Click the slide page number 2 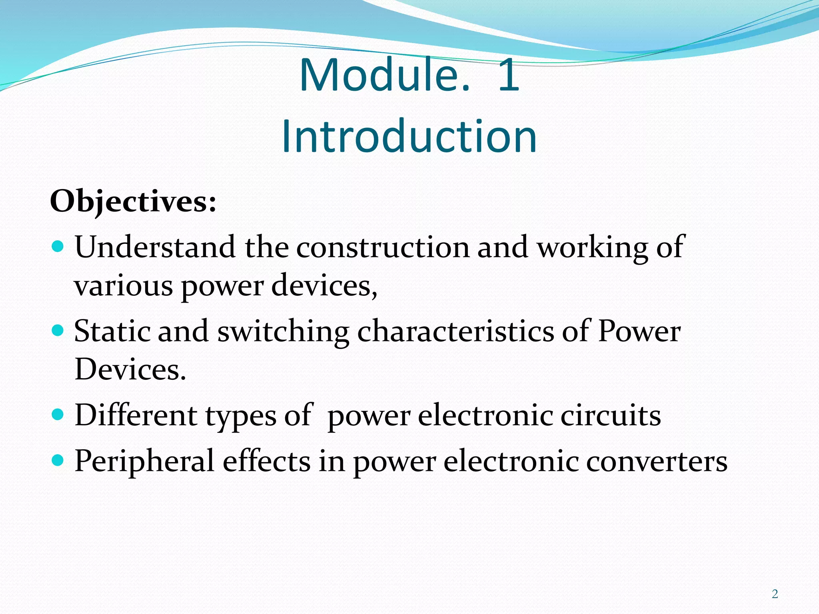[x=775, y=594]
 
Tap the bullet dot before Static [x=58, y=330]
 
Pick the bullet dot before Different [x=58, y=415]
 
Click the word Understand [x=155, y=247]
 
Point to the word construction [x=383, y=247]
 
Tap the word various [x=123, y=286]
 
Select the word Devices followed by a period [x=130, y=369]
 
